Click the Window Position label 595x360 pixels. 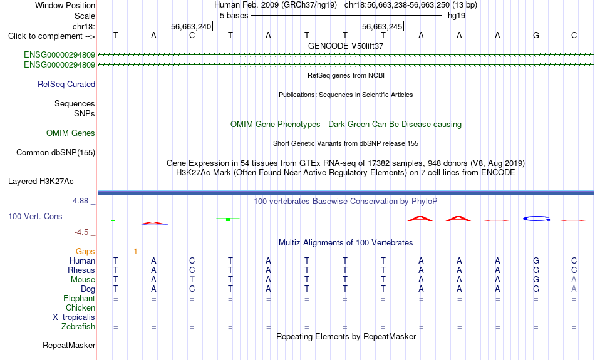pos(65,5)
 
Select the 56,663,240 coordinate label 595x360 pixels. pos(191,26)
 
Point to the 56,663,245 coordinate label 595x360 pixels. pos(382,26)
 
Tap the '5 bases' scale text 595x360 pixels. pos(234,16)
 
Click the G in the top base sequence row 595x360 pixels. pos(535,35)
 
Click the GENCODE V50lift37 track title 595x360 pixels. pos(346,46)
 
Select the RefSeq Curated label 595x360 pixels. pos(66,85)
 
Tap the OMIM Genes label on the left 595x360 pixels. pos(71,133)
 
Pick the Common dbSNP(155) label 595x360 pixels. pos(56,153)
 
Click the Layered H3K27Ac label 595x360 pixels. pos(41,182)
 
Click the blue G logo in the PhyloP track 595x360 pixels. pos(536,219)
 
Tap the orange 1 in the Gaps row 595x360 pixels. pos(135,252)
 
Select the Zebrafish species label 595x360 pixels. pos(78,327)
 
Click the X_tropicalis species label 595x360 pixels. pos(74,317)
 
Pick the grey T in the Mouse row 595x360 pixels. pos(192,280)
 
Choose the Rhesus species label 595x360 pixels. pos(81,270)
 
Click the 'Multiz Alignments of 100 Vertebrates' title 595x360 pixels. pos(346,243)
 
